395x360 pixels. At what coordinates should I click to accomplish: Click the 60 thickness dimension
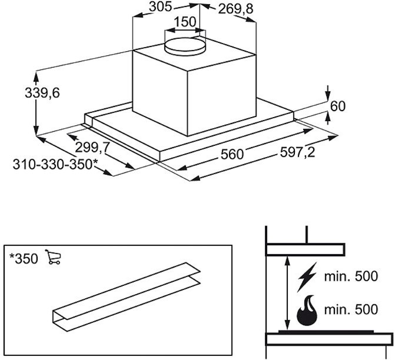point(337,106)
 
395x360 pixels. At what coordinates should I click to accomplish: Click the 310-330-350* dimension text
point(52,165)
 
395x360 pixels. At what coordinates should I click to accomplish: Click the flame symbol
point(307,312)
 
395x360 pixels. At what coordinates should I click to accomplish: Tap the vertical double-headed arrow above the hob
point(287,293)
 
